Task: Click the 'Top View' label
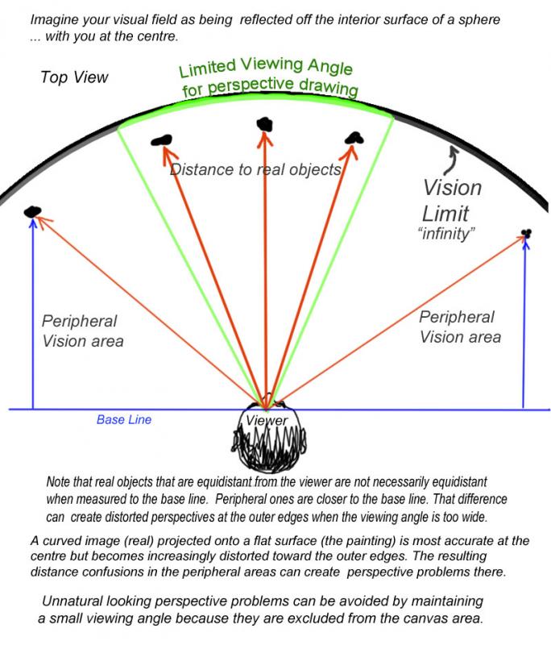[x=74, y=77]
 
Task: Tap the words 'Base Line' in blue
[x=124, y=419]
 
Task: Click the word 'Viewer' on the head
[x=267, y=420]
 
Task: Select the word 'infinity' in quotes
[x=446, y=234]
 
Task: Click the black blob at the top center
[x=264, y=124]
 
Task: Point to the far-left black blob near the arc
[x=32, y=211]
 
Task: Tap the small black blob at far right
[x=526, y=233]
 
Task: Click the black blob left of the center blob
[x=161, y=140]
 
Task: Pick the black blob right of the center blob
[x=354, y=138]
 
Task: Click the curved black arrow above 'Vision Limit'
[x=451, y=160]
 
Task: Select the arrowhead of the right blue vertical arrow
[x=524, y=243]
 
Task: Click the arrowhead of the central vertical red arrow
[x=265, y=138]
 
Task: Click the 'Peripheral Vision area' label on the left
[x=82, y=331]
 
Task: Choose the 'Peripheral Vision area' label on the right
[x=460, y=327]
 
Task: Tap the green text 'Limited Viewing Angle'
[x=266, y=67]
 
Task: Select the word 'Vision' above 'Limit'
[x=453, y=188]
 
